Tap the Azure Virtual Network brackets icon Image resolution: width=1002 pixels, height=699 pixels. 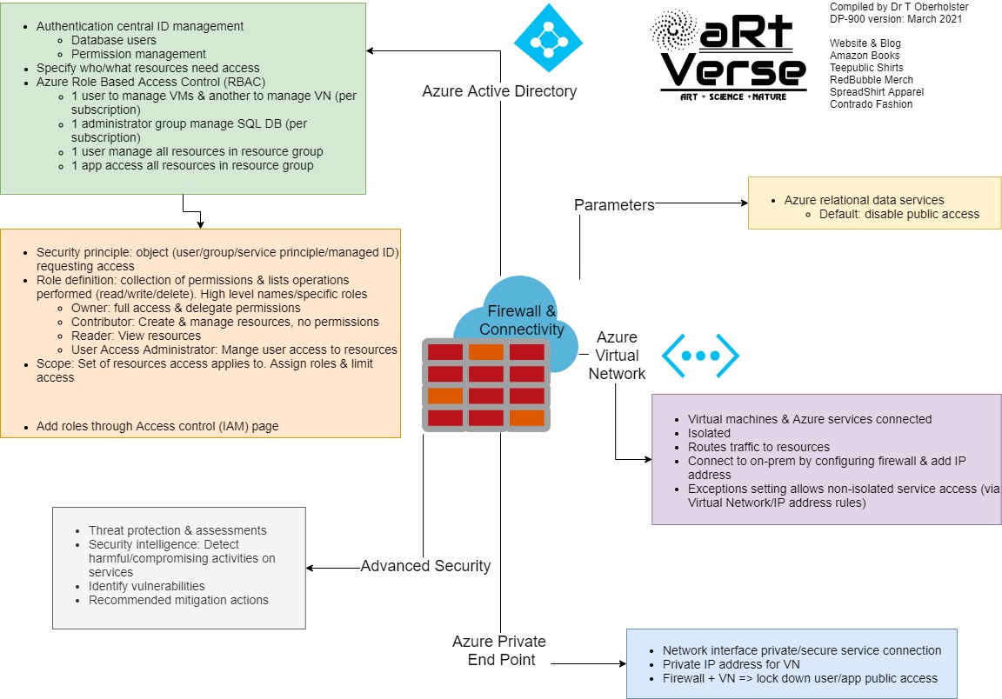[700, 355]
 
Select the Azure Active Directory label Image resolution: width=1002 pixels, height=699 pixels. [499, 91]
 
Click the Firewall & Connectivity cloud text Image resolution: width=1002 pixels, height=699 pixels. [522, 321]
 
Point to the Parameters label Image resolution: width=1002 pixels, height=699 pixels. [614, 205]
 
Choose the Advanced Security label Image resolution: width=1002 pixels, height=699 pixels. [425, 566]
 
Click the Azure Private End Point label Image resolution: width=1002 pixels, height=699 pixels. [499, 650]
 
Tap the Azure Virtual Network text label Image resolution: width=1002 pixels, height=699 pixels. [617, 356]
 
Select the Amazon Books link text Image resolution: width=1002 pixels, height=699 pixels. [865, 56]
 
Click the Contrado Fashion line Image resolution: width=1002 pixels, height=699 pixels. [871, 104]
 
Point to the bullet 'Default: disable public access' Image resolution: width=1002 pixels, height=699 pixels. [898, 214]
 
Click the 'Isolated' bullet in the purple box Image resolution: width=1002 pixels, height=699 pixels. [709, 433]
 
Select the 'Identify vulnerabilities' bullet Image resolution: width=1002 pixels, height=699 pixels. [146, 586]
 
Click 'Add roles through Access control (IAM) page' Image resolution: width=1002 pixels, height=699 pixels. [157, 426]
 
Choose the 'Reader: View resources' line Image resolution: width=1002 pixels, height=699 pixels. [136, 336]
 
